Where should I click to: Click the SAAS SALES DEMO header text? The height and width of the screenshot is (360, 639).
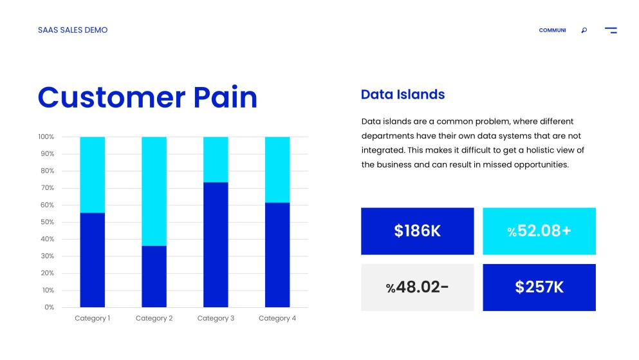(73, 30)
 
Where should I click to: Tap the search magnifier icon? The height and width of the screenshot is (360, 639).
(584, 30)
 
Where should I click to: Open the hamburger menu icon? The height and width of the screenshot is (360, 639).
(610, 30)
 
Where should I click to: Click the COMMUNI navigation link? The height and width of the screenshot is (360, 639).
(552, 30)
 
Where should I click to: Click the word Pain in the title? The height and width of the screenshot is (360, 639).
(225, 97)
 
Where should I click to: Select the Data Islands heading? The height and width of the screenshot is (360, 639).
(403, 95)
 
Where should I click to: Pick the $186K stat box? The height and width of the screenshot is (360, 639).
(417, 231)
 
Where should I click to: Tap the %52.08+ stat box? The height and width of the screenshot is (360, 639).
(539, 231)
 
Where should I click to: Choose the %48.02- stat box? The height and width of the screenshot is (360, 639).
(417, 287)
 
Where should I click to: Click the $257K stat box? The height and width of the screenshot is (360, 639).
(539, 287)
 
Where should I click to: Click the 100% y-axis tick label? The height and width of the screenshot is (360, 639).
(46, 137)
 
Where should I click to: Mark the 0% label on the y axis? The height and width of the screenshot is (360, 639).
(49, 307)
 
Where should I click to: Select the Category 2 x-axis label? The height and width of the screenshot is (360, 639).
(154, 319)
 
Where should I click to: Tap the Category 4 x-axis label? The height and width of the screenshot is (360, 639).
(277, 319)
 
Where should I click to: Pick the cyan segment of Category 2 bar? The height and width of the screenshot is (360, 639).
(154, 191)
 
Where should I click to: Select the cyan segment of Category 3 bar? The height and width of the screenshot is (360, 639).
(216, 159)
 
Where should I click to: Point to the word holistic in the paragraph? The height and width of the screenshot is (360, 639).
(530, 150)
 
